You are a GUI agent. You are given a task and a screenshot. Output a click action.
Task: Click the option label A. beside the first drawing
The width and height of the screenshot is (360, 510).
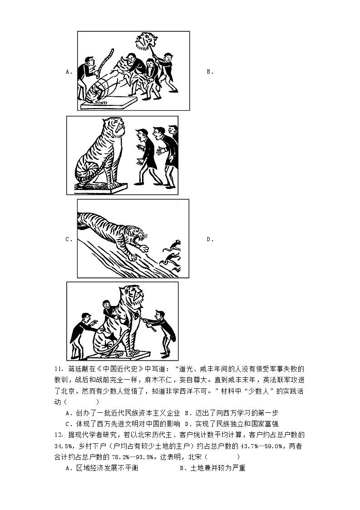click(69, 71)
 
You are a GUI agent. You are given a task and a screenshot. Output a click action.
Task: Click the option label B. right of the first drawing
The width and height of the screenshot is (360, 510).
click(210, 71)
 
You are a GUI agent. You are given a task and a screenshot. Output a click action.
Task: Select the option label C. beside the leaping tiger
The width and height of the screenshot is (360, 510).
click(69, 239)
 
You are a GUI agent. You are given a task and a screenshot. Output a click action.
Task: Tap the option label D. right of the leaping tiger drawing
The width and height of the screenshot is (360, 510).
click(210, 239)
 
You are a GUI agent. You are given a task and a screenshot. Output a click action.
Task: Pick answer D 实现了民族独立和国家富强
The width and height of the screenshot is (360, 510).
click(236, 424)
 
